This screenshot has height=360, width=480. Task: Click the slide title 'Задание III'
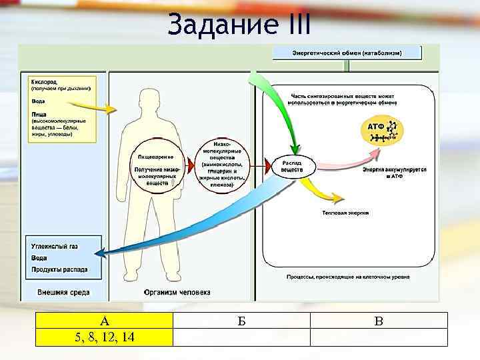click(x=239, y=25)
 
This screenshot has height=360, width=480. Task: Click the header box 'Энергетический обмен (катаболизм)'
click(x=347, y=53)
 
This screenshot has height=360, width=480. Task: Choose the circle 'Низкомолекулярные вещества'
click(x=223, y=163)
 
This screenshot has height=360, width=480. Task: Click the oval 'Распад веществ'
click(x=292, y=167)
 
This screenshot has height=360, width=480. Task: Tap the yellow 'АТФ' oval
click(x=382, y=131)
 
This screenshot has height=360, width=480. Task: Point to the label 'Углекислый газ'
click(x=55, y=246)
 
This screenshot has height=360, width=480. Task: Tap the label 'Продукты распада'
click(x=59, y=270)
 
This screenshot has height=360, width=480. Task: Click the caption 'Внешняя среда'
click(x=63, y=292)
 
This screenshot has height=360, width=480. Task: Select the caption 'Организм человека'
click(x=177, y=292)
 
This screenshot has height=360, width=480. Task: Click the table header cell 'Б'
click(x=241, y=321)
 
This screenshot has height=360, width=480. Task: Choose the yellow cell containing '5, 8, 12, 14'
click(x=104, y=337)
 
